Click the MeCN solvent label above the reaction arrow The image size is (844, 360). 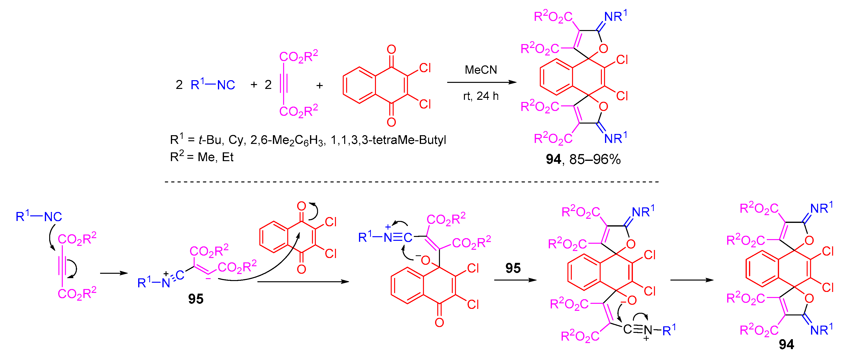(480, 70)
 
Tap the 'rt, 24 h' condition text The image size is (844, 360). (480, 96)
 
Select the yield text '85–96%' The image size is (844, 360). (595, 159)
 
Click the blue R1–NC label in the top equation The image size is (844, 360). (213, 85)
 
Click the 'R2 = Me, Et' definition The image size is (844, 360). (201, 157)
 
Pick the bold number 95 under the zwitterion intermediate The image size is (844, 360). (196, 299)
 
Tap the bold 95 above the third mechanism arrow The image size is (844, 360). (513, 268)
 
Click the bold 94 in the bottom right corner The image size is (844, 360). (786, 344)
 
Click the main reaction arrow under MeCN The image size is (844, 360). (481, 82)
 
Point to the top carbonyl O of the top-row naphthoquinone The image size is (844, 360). (391, 49)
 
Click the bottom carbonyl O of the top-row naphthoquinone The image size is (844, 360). (391, 122)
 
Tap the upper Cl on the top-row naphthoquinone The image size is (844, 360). (425, 68)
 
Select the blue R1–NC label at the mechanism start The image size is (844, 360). (39, 216)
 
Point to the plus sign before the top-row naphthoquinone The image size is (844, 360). (319, 86)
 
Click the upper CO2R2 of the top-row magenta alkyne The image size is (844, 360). (298, 56)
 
